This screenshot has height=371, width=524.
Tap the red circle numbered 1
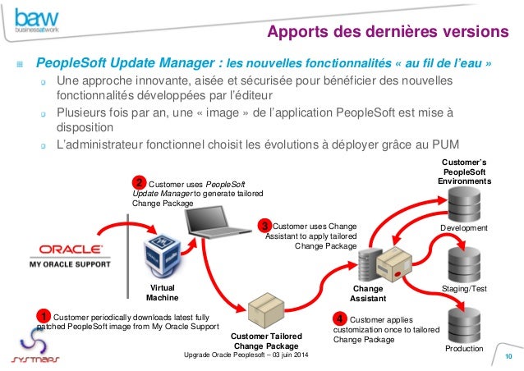coord(44,316)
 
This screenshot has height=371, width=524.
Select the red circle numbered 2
coord(140,182)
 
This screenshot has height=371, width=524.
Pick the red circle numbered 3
coord(264,225)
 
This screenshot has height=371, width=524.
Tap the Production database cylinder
coord(464,323)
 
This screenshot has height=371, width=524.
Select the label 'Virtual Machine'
coord(162,292)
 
